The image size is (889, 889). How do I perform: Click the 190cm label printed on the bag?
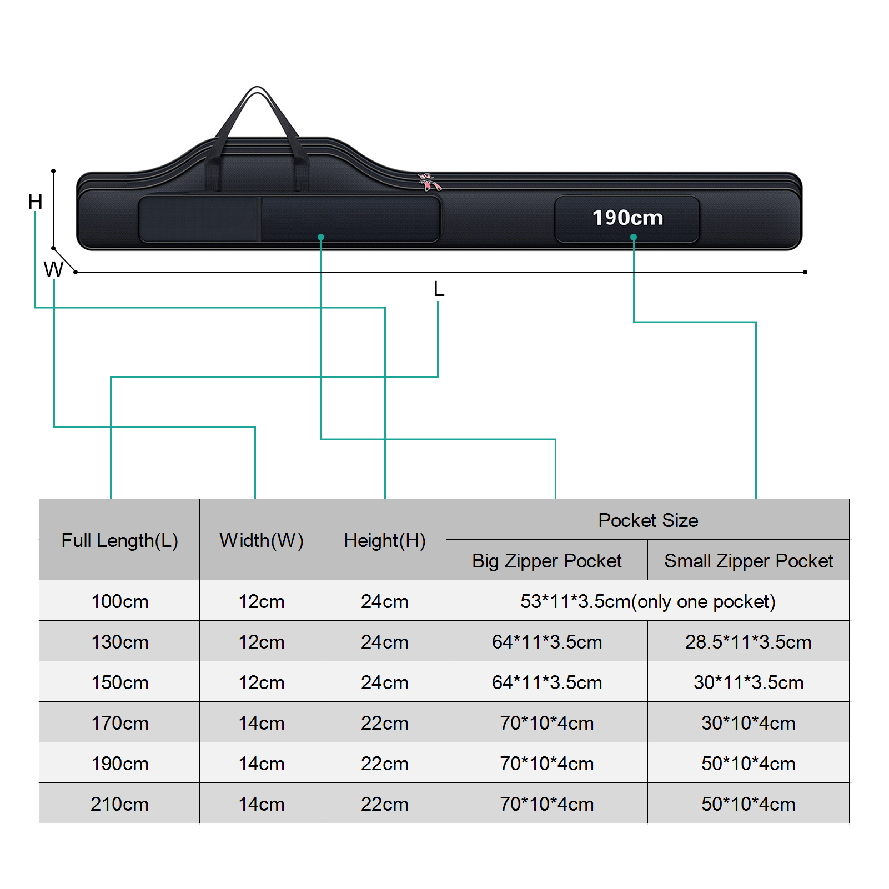[x=627, y=218]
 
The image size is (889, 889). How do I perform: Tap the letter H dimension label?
[x=36, y=202]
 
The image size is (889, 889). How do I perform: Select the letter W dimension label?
[x=53, y=269]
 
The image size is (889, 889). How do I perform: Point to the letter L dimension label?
[x=439, y=289]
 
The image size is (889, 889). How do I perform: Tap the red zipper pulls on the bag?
[x=429, y=182]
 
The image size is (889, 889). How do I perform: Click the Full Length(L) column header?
[x=119, y=540]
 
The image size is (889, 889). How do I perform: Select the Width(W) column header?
[x=262, y=540]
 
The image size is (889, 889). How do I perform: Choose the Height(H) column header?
[x=385, y=540]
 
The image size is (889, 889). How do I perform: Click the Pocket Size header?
[x=648, y=520]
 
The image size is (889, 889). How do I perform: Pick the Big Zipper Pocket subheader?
[x=547, y=561]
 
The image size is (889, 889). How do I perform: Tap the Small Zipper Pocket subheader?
[x=749, y=561]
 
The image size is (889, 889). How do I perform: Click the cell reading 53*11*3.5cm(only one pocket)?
[x=648, y=601]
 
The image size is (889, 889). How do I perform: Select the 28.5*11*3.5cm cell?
[x=749, y=642]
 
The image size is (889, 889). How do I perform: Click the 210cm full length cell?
[x=119, y=804]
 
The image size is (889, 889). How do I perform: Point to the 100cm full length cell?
[x=119, y=601]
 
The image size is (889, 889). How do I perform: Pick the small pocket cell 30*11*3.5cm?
[x=749, y=682]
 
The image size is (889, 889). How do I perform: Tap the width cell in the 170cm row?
[x=262, y=723]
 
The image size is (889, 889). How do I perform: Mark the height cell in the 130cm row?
[x=385, y=642]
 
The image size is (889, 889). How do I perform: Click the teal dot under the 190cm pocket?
[x=634, y=237]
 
